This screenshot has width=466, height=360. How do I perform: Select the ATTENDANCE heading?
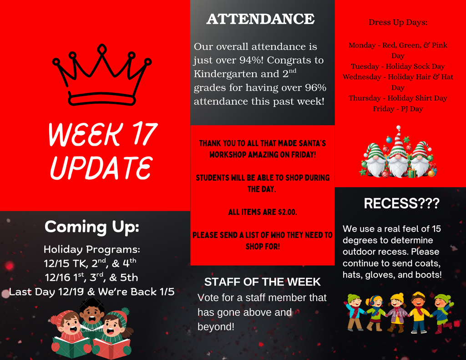pos(260,19)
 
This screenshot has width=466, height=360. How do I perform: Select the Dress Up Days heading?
pos(398,22)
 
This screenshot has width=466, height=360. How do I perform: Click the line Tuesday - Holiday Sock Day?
pos(398,66)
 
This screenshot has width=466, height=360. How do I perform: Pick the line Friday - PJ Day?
pos(398,109)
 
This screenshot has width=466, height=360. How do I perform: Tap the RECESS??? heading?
pos(401,203)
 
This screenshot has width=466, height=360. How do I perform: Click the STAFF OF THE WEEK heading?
pos(263,282)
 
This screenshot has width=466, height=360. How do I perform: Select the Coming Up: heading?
pos(92,226)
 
